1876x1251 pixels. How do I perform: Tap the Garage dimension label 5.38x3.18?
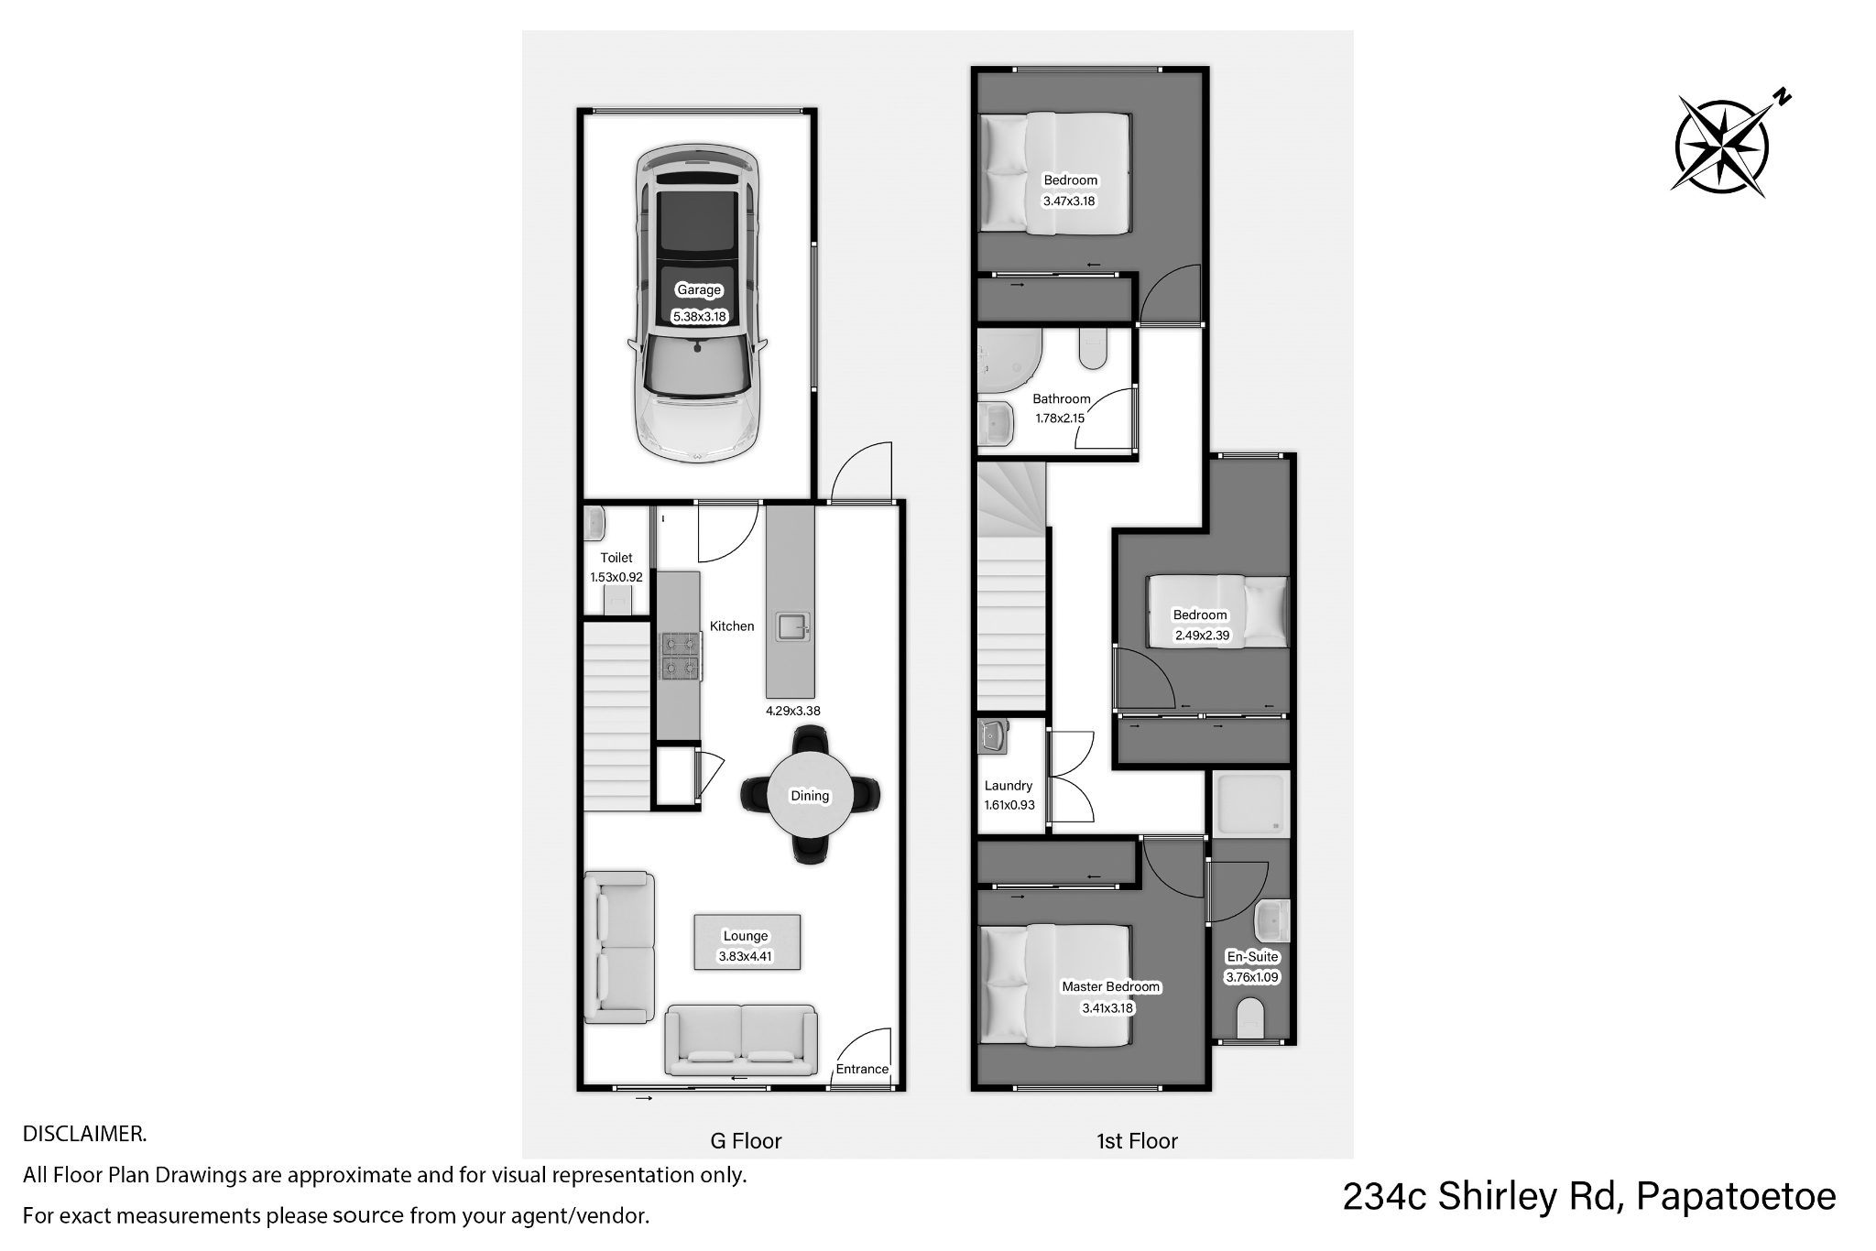click(699, 317)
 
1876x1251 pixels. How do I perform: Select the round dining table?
click(810, 794)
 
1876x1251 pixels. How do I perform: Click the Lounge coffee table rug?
click(747, 941)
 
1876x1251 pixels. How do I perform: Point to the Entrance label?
click(862, 1069)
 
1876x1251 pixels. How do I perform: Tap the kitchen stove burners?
click(680, 656)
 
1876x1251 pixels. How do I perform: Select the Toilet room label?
click(616, 557)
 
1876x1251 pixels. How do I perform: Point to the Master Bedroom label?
click(1111, 986)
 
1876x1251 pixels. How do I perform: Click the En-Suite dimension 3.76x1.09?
click(1252, 977)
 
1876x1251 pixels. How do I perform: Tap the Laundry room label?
click(1009, 785)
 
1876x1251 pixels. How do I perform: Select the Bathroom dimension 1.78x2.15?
click(1060, 419)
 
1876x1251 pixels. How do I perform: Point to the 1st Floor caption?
click(1137, 1141)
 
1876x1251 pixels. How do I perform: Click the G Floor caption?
click(746, 1141)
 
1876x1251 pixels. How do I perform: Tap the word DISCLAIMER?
click(84, 1134)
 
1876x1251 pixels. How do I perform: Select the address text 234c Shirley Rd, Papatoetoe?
click(1589, 1196)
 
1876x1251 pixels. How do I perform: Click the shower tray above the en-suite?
click(1250, 805)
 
